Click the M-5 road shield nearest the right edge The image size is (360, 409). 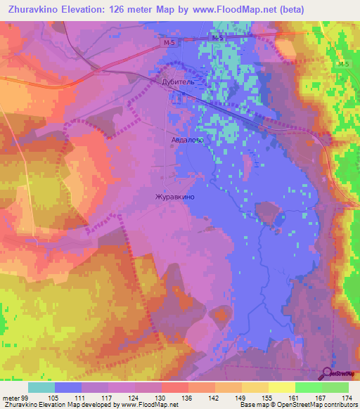coord(342,65)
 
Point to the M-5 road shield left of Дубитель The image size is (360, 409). coord(163,43)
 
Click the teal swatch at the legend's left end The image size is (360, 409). coord(41,387)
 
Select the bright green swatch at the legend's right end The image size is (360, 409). coord(335,387)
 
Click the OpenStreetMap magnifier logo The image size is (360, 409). coord(328,374)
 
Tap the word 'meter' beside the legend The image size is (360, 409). coord(11,398)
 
